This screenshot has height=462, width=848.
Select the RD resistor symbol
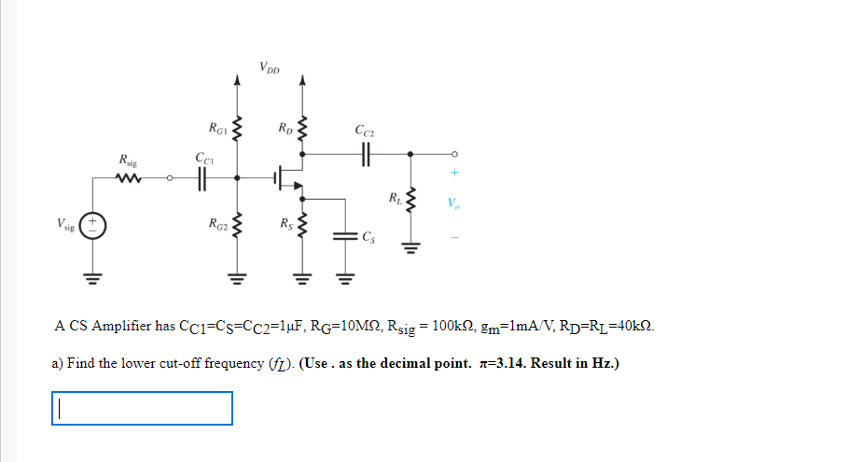300,127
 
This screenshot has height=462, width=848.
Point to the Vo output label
452,203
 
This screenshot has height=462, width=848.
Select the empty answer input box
142,408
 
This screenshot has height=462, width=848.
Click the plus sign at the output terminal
454,173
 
